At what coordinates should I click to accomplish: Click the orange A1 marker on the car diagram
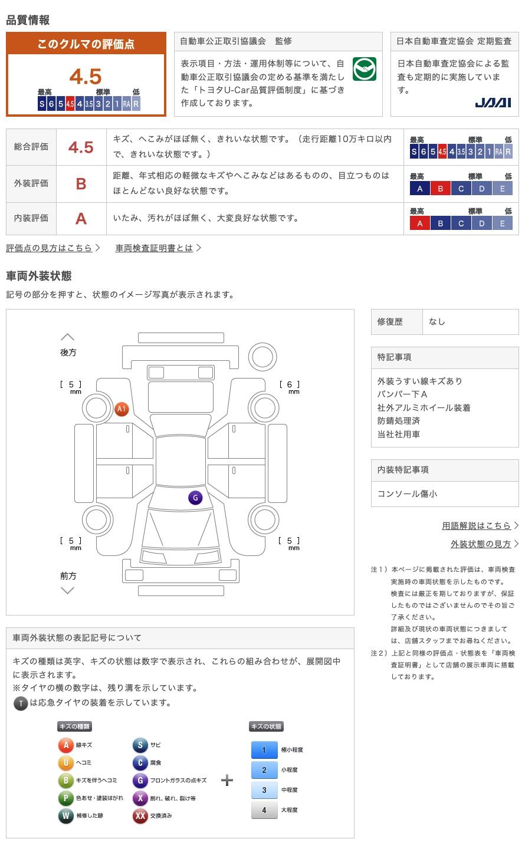122,409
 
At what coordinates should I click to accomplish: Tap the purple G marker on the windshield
195,498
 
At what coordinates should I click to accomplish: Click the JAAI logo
493,103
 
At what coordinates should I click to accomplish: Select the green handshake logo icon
364,70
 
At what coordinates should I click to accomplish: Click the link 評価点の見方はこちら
50,248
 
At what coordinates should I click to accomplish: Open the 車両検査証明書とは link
154,248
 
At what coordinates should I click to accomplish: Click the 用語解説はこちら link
477,525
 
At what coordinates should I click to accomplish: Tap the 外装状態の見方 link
481,544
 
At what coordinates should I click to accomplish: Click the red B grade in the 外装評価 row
81,184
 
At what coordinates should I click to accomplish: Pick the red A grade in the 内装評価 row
81,219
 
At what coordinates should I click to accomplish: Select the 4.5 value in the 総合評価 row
81,147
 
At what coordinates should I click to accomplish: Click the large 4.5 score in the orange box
86,77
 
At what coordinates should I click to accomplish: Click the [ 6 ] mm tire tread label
290,385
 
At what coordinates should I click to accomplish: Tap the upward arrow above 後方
67,337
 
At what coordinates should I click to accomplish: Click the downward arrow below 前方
67,590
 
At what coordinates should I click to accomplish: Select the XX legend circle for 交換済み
140,815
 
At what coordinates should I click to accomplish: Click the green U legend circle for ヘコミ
65,763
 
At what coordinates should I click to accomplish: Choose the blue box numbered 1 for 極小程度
264,750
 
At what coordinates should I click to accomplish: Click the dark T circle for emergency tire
21,703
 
